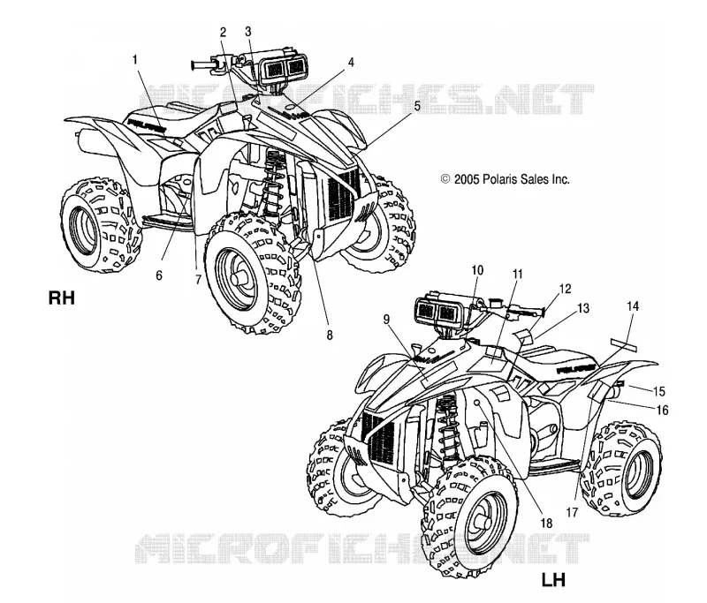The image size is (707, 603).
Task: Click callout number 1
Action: tap(135, 59)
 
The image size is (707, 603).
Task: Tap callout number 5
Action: tap(417, 106)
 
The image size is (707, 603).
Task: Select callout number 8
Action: tap(330, 335)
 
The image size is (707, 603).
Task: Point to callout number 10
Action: tap(477, 270)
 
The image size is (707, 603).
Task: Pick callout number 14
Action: tap(633, 306)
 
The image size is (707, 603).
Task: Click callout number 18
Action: tap(546, 524)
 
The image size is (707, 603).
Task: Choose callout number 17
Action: tap(572, 512)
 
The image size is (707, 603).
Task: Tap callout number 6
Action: tap(159, 275)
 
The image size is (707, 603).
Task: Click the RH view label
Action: tap(61, 298)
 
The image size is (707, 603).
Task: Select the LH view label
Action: tap(553, 580)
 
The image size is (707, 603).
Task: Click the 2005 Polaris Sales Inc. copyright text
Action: tap(505, 179)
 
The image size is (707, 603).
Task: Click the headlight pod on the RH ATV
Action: tap(283, 69)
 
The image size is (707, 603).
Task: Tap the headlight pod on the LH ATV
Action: tap(438, 311)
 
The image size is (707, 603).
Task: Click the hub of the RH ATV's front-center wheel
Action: tap(239, 275)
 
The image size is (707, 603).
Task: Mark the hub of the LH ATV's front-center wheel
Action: tap(483, 524)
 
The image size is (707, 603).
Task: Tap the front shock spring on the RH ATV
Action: tap(272, 184)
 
